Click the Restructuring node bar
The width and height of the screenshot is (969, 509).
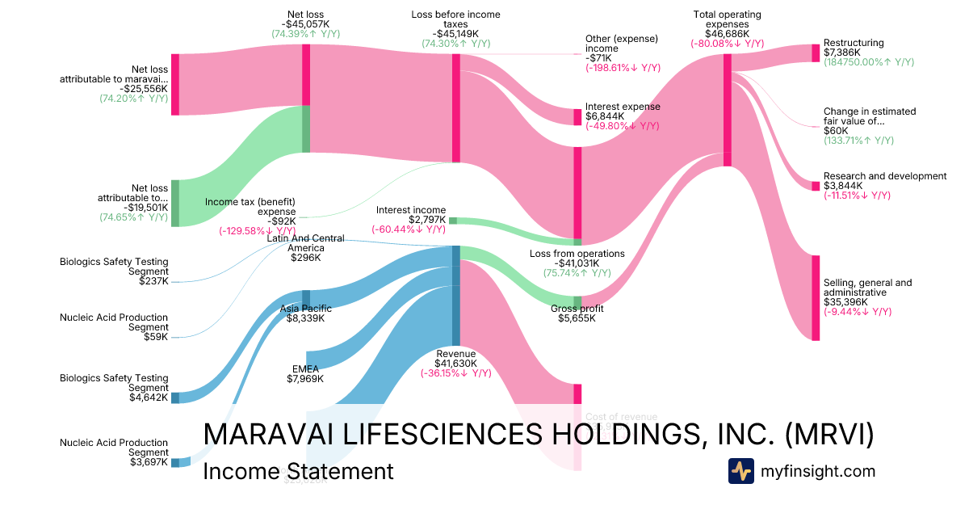click(x=816, y=53)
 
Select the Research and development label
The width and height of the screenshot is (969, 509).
click(x=884, y=176)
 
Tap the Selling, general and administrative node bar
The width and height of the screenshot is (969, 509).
click(x=816, y=298)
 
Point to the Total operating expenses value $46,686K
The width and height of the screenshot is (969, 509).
click(x=727, y=34)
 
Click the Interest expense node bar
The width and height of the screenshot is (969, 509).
click(x=577, y=116)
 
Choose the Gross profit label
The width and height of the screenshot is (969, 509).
click(x=577, y=309)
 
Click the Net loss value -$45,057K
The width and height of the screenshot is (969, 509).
click(x=306, y=24)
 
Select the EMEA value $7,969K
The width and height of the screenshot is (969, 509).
click(x=305, y=379)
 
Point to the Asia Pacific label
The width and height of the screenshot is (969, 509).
click(x=305, y=308)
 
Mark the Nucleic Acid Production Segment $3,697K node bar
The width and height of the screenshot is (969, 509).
click(x=175, y=463)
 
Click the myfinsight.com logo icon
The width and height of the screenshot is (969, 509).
click(x=740, y=471)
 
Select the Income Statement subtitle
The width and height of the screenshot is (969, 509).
click(x=298, y=471)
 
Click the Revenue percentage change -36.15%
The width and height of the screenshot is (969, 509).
click(x=455, y=373)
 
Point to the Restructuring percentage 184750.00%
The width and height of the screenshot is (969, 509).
click(x=868, y=62)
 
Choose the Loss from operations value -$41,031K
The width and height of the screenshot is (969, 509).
click(x=577, y=263)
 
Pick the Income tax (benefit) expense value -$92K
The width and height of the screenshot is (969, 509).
click(x=276, y=221)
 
